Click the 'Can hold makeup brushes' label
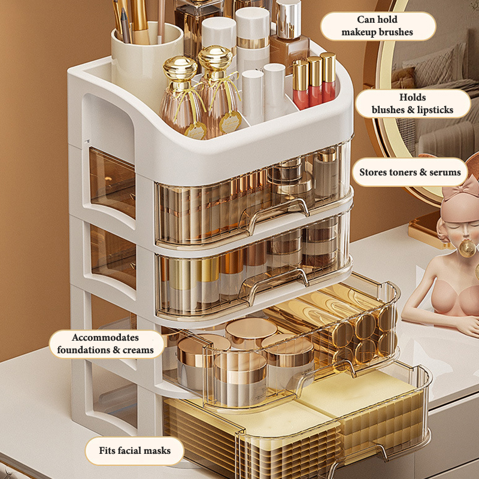tap(378, 26)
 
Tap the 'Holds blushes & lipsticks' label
tap(413, 104)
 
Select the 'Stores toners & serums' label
tap(410, 172)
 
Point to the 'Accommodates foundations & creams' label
tap(106, 344)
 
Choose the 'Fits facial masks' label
tap(134, 451)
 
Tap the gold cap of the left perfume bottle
tap(180, 68)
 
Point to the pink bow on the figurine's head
tap(461, 186)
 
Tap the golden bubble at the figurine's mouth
tap(467, 248)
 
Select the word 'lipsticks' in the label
tap(435, 110)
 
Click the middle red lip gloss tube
tap(315, 81)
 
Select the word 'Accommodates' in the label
tap(105, 337)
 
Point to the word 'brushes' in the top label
tap(396, 32)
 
